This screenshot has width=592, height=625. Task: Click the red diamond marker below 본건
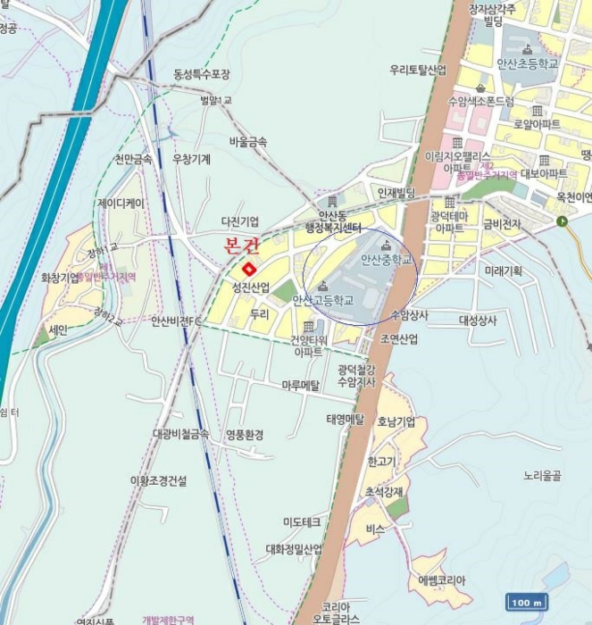tap(248, 268)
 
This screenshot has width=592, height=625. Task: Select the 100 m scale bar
tap(527, 602)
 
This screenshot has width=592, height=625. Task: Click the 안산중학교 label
tap(387, 260)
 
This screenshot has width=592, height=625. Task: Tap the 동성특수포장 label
tap(202, 73)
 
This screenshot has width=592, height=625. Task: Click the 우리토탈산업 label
tap(418, 69)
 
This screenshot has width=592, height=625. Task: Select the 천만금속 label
tap(133, 160)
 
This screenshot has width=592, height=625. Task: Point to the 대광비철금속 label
tap(180, 434)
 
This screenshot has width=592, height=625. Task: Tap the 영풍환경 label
tap(244, 435)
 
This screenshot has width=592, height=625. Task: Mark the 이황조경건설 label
tap(159, 480)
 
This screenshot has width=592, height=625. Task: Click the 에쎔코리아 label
tap(442, 579)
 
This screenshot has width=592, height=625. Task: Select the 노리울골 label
tap(542, 476)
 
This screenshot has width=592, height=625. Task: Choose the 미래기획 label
tap(504, 271)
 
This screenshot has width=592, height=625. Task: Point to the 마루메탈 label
tap(301, 385)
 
